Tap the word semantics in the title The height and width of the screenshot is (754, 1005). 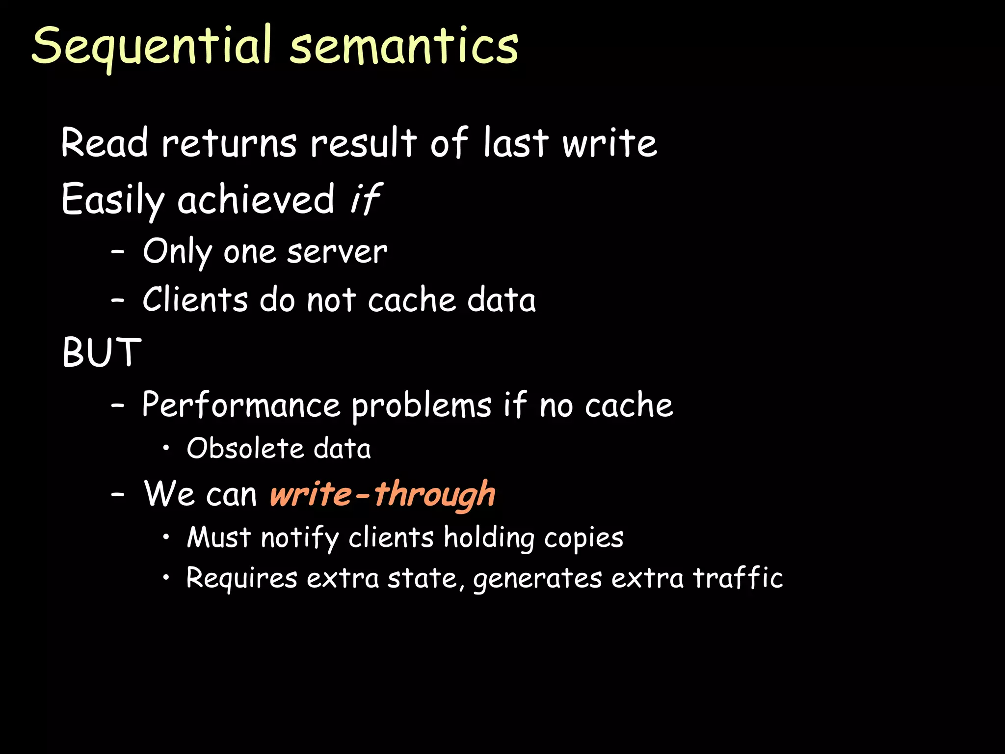tap(403, 47)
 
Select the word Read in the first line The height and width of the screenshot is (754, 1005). tap(105, 143)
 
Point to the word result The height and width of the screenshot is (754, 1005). tap(364, 143)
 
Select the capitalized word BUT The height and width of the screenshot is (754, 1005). tap(102, 352)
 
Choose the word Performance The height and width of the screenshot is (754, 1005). tap(241, 405)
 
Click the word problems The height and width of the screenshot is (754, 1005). tap(422, 406)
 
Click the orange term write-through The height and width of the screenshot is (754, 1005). tap(382, 494)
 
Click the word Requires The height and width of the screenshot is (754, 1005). tap(241, 578)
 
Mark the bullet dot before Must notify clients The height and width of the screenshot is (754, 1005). tap(167, 537)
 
